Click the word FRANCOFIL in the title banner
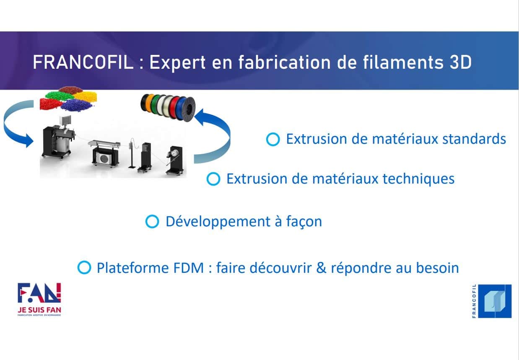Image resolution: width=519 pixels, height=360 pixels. pos(83,62)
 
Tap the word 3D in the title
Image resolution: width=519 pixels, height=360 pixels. pos(460,62)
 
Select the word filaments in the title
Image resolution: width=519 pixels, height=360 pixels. pos(403,62)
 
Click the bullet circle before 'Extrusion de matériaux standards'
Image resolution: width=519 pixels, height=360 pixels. pos(273,139)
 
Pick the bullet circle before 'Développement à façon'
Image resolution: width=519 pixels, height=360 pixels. pos(152,221)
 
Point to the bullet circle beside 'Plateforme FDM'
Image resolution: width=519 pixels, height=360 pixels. pos(84,267)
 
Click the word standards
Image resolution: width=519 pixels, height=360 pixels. pos(474,139)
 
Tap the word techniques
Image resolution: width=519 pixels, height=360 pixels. pos(418,179)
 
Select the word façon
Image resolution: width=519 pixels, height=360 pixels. pos(304,222)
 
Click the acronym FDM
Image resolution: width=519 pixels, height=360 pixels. pos(189,268)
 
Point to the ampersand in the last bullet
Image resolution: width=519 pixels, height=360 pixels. pos(321,268)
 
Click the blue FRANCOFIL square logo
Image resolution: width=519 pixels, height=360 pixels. pos(495,301)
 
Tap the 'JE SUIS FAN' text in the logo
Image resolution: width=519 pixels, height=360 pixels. pos(39,310)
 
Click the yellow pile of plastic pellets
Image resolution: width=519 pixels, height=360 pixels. pos(86,96)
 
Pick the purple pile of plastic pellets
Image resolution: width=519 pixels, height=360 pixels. pos(77,105)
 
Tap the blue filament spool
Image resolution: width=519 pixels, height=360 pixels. pos(183,109)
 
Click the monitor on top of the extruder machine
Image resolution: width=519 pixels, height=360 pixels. pos(65,120)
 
